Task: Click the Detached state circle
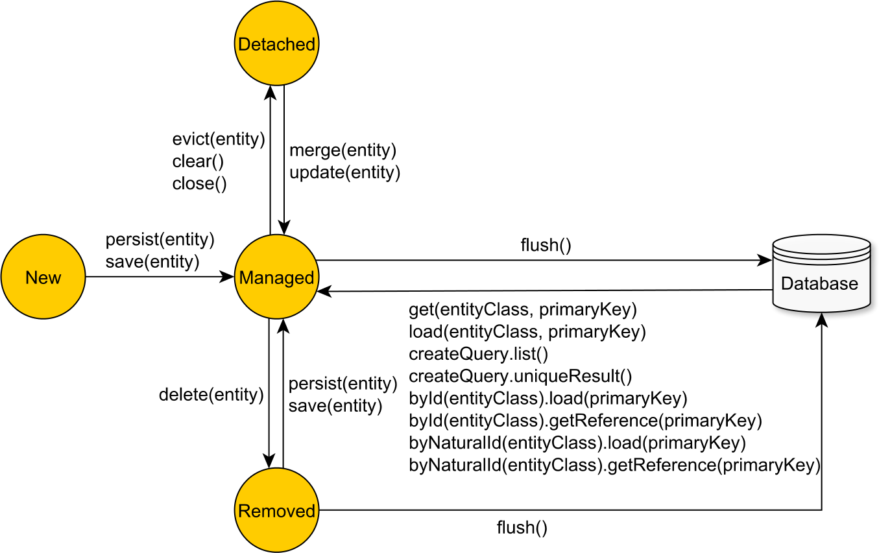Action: [276, 43]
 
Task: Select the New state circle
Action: [43, 277]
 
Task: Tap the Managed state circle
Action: [276, 277]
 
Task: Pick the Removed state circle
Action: [276, 510]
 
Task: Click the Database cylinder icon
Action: [821, 274]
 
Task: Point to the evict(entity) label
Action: [219, 139]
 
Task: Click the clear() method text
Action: [193, 161]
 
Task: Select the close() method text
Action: [199, 183]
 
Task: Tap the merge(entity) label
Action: [343, 150]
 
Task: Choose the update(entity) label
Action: [344, 172]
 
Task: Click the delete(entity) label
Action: [211, 394]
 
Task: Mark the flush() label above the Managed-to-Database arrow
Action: [546, 245]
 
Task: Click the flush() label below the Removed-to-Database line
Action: [522, 528]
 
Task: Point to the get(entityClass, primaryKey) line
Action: [523, 310]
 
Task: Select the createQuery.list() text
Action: [479, 354]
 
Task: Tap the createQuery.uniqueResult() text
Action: [520, 376]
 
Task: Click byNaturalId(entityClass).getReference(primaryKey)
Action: [615, 465]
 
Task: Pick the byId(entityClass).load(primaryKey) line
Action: [548, 398]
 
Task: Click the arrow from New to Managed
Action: [159, 277]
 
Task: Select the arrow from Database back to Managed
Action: [545, 291]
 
